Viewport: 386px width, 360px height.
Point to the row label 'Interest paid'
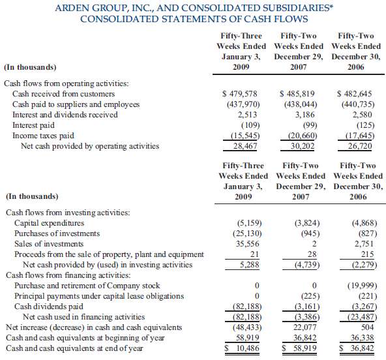click(x=35, y=125)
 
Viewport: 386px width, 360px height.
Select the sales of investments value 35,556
click(x=247, y=243)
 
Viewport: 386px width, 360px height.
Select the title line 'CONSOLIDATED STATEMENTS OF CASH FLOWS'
click(x=193, y=19)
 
